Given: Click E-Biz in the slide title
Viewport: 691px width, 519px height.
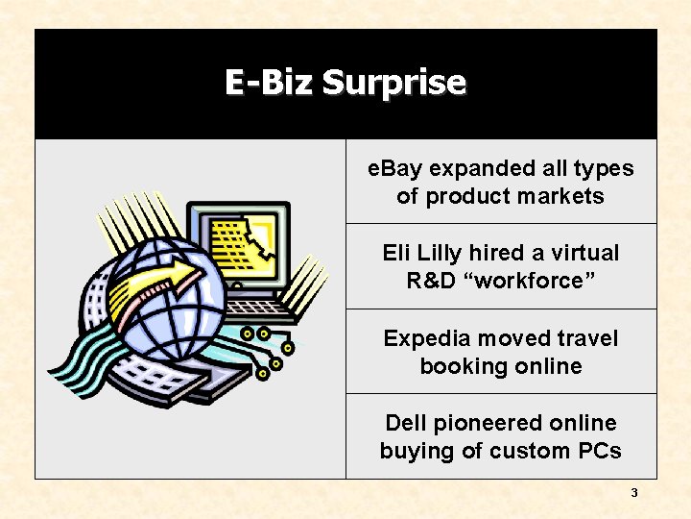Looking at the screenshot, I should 270,83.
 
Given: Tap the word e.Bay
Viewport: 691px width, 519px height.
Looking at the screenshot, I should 396,168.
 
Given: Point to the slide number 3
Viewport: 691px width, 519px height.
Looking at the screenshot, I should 633,493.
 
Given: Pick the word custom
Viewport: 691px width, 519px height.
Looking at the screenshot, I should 531,451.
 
